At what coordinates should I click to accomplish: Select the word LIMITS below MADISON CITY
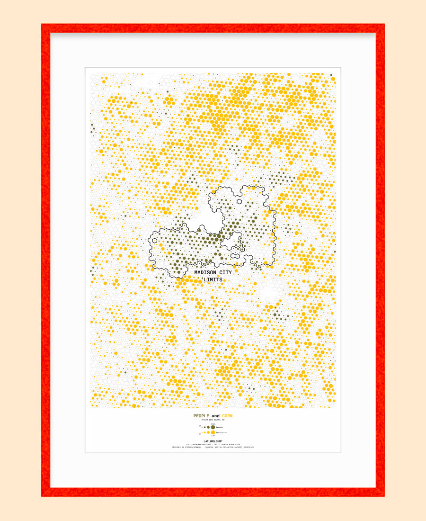213,280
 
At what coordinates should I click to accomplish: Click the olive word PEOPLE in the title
201,416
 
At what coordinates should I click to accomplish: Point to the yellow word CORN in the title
227,416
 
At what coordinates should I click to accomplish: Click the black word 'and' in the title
215,416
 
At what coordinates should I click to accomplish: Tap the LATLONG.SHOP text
213,441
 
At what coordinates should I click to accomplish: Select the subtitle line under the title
213,420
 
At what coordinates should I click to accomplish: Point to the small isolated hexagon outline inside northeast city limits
240,201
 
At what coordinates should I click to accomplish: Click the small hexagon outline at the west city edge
154,240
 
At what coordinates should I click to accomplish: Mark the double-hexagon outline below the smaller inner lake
235,256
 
